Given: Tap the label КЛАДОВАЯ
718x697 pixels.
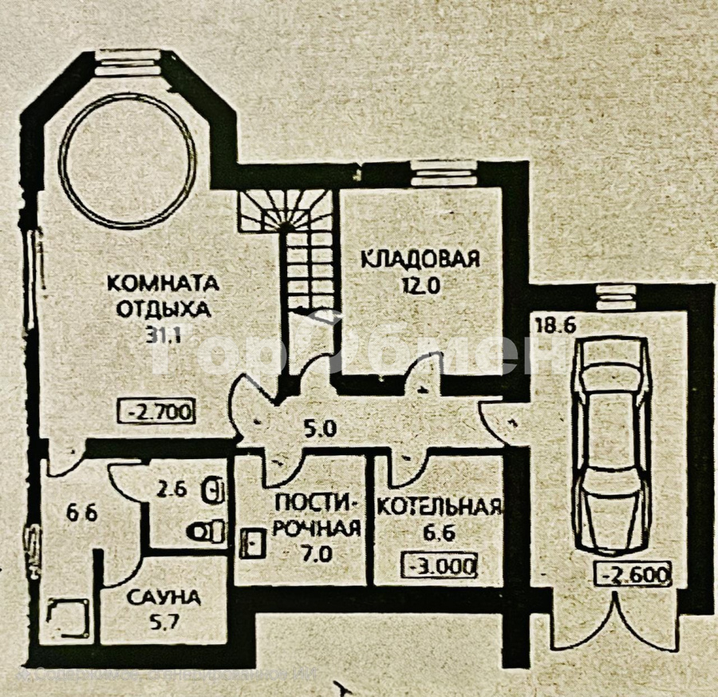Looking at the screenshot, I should click(x=420, y=259).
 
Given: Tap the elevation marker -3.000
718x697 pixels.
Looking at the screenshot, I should click(x=441, y=566).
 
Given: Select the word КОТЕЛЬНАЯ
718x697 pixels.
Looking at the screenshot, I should click(x=439, y=506).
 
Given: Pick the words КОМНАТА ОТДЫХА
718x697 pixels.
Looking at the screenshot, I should click(x=163, y=295).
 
